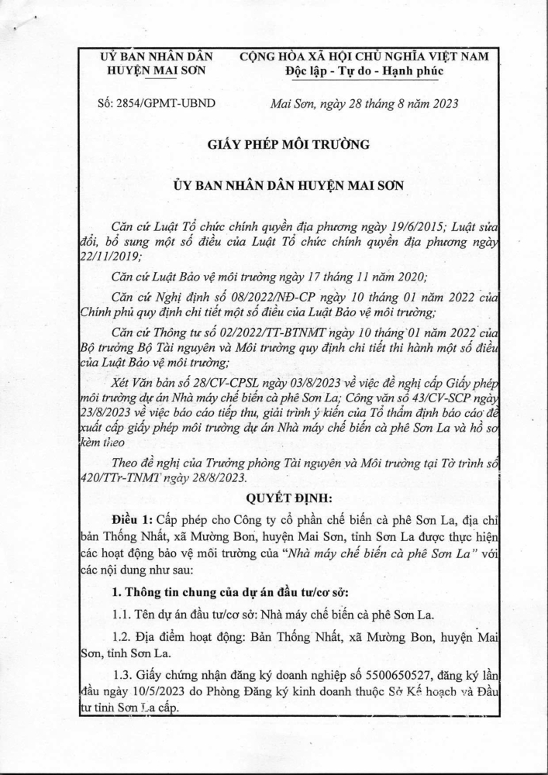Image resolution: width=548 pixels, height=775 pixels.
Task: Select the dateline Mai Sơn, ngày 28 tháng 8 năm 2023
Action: click(362, 103)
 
